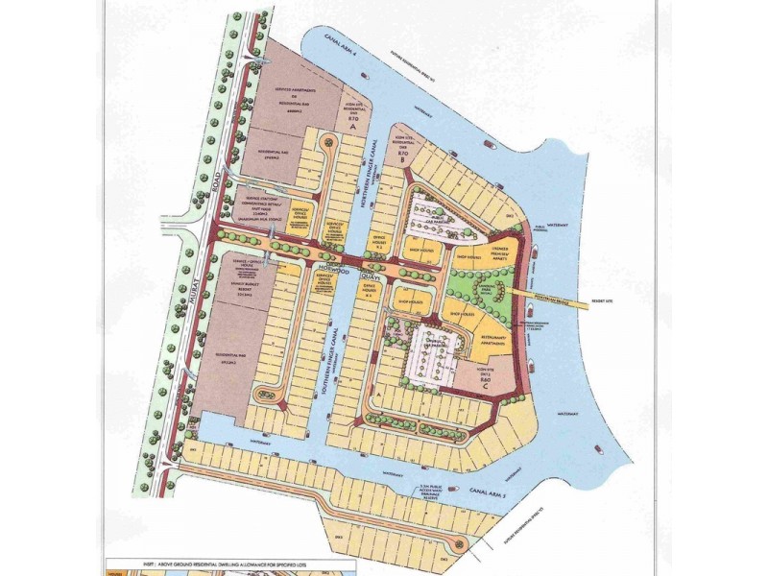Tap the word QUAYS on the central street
click(x=374, y=275)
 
